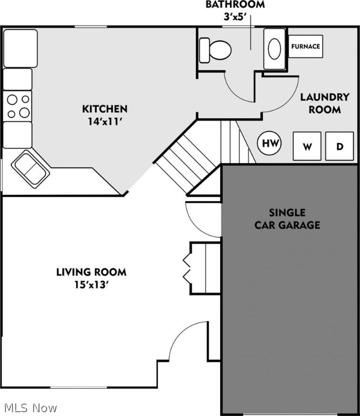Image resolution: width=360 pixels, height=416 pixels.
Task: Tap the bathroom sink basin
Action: click(275, 49)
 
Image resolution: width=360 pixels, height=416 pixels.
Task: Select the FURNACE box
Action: click(305, 47)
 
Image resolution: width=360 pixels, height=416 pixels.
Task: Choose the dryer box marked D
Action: click(339, 146)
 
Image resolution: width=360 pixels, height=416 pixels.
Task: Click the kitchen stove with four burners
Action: click(18, 106)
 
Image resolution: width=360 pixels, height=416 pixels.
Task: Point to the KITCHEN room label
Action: click(105, 109)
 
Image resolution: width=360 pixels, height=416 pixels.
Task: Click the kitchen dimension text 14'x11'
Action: click(105, 121)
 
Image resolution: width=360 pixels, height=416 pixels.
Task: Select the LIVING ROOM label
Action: click(91, 271)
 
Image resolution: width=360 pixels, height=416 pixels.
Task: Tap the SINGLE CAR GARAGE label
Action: click(287, 218)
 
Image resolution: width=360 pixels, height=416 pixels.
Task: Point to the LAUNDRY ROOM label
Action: click(325, 103)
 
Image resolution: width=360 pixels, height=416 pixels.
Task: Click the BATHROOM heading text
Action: click(235, 5)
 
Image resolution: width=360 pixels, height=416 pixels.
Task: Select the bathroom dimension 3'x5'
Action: click(235, 17)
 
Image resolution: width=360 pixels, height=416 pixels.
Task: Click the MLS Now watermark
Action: click(30, 407)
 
